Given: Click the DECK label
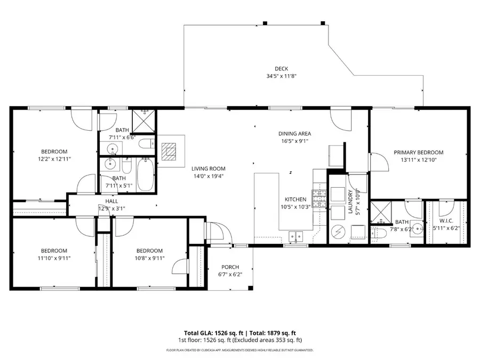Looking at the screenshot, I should (282, 68).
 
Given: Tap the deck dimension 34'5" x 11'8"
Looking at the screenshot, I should (282, 76).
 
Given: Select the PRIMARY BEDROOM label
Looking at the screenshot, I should (419, 153).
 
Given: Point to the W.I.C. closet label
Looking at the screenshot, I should (446, 220).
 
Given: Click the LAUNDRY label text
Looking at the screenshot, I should (350, 202).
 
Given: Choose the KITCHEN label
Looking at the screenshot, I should (295, 199).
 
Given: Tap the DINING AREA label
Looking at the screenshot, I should (294, 134).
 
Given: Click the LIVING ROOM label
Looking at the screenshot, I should (209, 169).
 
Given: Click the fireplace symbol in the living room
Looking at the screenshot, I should (170, 152).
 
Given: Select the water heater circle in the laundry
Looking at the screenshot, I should (337, 231).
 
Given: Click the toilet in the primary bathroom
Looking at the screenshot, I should (379, 233).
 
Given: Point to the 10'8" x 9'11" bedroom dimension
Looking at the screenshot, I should (149, 258).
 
